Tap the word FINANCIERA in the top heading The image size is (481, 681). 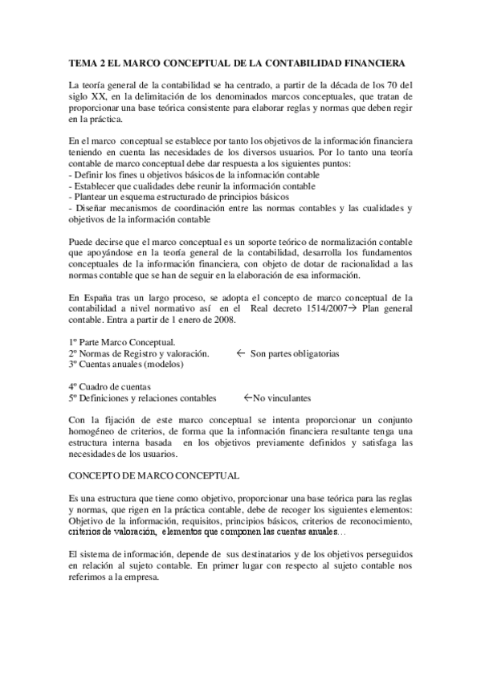(378, 62)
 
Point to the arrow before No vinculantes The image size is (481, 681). (247, 398)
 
